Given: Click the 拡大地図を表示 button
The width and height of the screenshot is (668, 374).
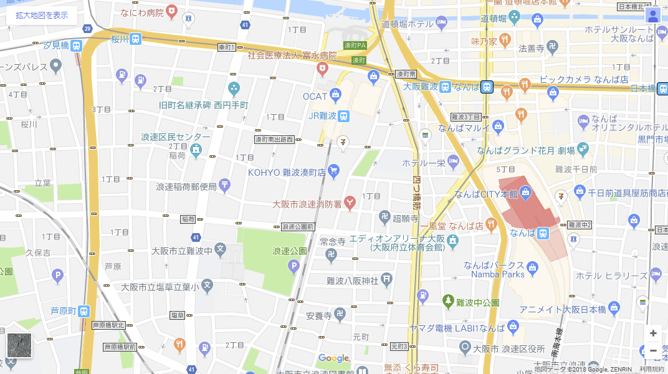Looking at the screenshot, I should [42, 15].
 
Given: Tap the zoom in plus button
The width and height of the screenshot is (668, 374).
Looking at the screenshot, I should [653, 333].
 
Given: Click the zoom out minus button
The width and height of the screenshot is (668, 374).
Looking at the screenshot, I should [653, 350].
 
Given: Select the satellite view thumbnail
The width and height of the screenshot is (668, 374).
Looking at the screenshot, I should [19, 345].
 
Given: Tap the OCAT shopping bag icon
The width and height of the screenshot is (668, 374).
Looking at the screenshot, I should [336, 95].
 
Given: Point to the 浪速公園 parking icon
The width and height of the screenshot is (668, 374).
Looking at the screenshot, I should [293, 267].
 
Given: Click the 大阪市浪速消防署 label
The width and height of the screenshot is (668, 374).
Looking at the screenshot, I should [307, 204].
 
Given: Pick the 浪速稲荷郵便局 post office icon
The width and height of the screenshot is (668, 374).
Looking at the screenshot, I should [225, 185].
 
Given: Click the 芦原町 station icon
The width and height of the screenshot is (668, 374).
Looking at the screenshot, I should [84, 310].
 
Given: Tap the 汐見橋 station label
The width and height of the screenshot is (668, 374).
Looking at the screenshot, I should [55, 46].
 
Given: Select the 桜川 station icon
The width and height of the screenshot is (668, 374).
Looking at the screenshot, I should [136, 39].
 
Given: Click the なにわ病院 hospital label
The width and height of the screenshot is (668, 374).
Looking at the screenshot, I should [141, 12].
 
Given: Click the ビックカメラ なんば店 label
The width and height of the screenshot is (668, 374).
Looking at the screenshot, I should [584, 80].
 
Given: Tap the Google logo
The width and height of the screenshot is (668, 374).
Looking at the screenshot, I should [333, 358].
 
